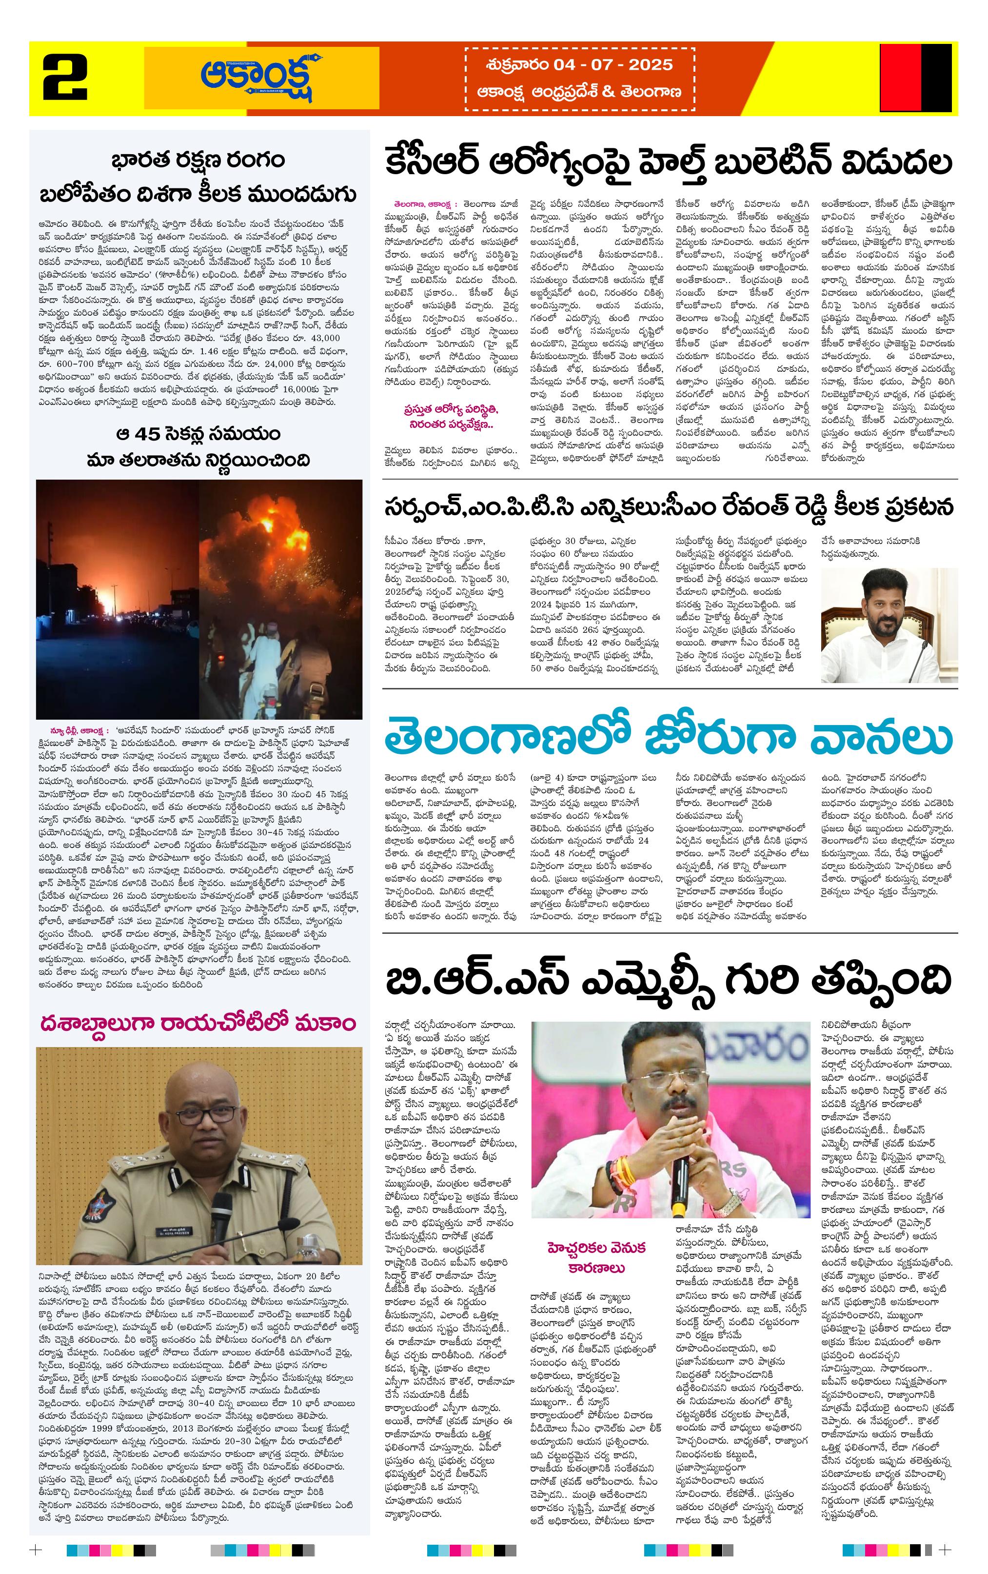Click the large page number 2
(66, 78)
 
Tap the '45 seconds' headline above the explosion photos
(198, 446)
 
